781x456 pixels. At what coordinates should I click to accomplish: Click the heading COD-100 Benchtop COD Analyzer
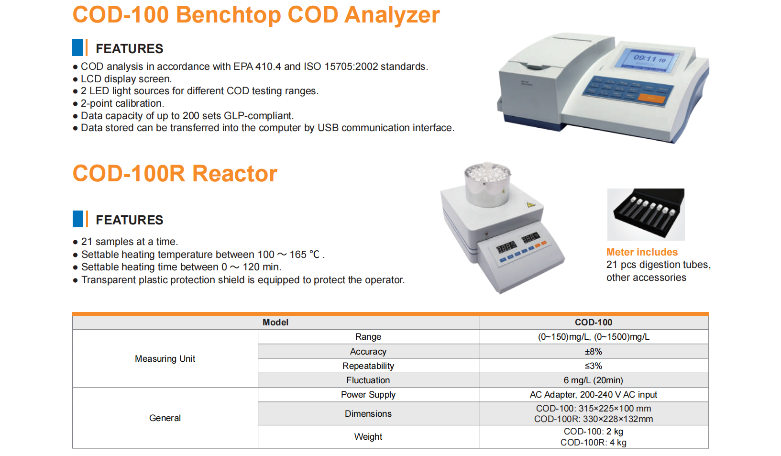click(256, 15)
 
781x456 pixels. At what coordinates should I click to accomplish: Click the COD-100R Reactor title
click(175, 173)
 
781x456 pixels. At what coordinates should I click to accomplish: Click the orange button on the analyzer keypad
click(651, 99)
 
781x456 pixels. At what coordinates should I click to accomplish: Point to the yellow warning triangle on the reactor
click(530, 204)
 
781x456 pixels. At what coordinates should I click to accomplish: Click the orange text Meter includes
click(642, 252)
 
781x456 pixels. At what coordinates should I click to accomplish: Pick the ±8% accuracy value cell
click(594, 351)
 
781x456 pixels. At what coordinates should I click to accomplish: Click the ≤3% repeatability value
click(594, 366)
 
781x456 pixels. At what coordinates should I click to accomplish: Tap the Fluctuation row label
click(368, 380)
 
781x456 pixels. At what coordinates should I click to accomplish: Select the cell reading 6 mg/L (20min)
click(594, 380)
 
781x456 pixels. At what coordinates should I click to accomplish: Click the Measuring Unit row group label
click(165, 359)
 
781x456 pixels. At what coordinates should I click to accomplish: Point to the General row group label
click(165, 418)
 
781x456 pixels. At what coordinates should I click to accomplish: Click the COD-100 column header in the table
click(594, 323)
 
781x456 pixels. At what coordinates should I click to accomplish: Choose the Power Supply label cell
click(368, 395)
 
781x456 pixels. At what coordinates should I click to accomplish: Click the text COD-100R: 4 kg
click(594, 443)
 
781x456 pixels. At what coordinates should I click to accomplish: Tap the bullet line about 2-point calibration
click(119, 103)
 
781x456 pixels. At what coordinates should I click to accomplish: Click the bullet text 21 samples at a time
click(125, 242)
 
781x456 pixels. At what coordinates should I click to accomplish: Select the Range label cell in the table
click(368, 337)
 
